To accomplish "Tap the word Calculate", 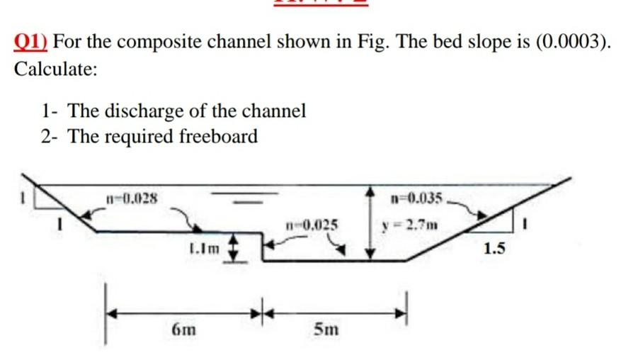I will point(55,69).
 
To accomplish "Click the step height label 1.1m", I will point(203,248).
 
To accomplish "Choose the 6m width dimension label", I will point(184,330).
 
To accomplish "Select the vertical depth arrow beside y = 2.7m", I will point(370,224).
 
